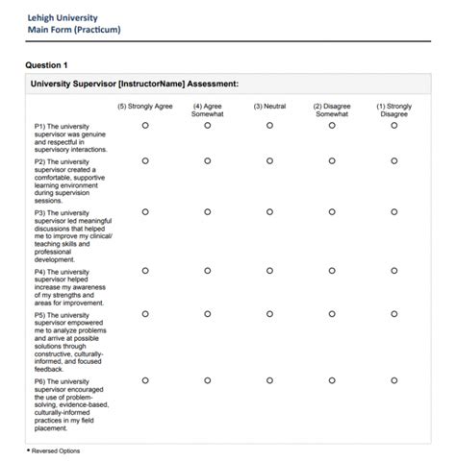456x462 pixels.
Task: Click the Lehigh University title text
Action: point(65,15)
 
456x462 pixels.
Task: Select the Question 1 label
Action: point(46,65)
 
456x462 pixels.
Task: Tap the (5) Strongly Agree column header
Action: point(145,107)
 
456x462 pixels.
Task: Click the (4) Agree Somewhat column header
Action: point(208,110)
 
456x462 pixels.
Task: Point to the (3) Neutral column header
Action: point(270,107)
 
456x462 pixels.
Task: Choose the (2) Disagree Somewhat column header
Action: point(332,110)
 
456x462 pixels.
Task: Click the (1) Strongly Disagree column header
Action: point(393,110)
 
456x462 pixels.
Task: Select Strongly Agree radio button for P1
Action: point(145,126)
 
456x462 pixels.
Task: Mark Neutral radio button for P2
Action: point(270,161)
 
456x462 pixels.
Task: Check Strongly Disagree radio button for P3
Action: point(393,212)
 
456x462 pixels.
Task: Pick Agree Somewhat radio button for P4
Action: point(208,271)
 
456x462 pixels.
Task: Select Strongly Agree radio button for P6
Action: point(145,380)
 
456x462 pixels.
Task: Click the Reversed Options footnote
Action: point(54,450)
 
